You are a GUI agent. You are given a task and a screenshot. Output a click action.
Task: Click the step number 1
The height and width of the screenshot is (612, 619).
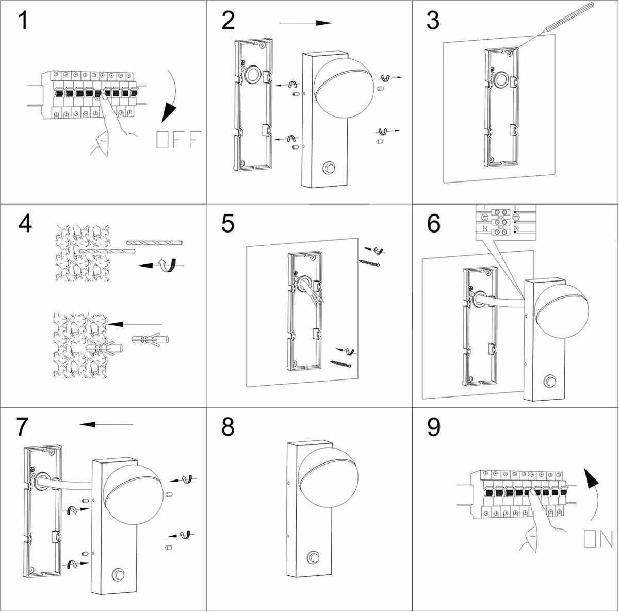tap(23, 21)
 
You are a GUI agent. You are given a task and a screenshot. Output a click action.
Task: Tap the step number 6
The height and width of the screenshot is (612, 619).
tap(434, 224)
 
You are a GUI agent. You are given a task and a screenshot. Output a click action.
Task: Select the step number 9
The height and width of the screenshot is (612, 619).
tap(434, 427)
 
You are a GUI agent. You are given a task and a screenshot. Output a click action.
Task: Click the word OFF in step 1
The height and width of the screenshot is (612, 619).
tap(178, 140)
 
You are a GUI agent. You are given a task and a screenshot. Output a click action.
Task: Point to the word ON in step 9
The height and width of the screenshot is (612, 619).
tap(598, 539)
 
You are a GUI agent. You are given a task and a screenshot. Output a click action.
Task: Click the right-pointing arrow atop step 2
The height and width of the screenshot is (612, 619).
tap(305, 23)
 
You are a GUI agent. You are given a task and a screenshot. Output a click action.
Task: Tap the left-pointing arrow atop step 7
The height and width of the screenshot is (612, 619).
tap(106, 424)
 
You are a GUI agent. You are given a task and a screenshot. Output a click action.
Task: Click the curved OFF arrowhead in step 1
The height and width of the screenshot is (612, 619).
tap(169, 111)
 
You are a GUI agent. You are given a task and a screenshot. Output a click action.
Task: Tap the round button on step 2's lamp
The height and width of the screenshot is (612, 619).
tap(328, 168)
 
